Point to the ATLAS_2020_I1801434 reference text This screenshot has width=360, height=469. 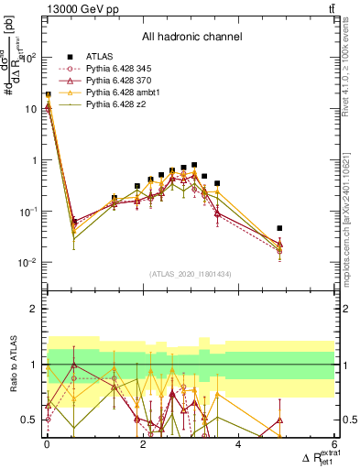pos(191,273)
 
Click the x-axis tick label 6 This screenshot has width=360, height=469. pos(334,445)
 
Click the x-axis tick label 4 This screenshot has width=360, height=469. pos(238,445)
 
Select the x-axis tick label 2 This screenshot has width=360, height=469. pos(142,445)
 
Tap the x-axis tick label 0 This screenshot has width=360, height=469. pos(47,445)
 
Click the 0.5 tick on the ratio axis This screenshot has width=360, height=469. pos(31,420)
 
